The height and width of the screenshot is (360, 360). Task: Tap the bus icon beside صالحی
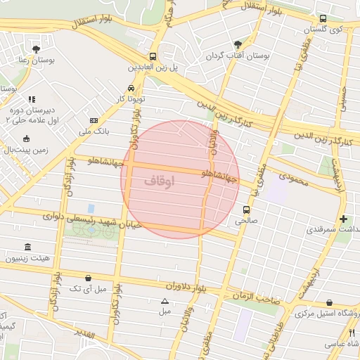pyautogui.click(x=246, y=209)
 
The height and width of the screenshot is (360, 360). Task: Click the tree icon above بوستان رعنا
pyautogui.click(x=35, y=49)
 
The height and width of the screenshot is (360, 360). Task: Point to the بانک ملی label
pyautogui.click(x=94, y=131)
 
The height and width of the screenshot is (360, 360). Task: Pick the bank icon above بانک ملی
pyautogui.click(x=94, y=120)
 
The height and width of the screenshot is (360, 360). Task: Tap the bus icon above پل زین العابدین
pyautogui.click(x=153, y=56)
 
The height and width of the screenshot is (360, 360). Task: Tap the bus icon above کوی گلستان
pyautogui.click(x=323, y=19)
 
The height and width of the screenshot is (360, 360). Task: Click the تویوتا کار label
pyautogui.click(x=131, y=99)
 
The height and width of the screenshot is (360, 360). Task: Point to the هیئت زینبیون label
pyautogui.click(x=27, y=259)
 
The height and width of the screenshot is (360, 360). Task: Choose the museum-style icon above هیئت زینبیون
pyautogui.click(x=27, y=247)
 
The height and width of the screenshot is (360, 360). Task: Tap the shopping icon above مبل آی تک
pyautogui.click(x=87, y=277)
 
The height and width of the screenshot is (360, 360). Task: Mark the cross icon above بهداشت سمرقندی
pyautogui.click(x=343, y=219)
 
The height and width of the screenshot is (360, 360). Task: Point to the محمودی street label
pyautogui.click(x=293, y=181)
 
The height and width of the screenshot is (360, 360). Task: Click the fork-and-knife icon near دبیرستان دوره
pyautogui.click(x=31, y=100)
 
